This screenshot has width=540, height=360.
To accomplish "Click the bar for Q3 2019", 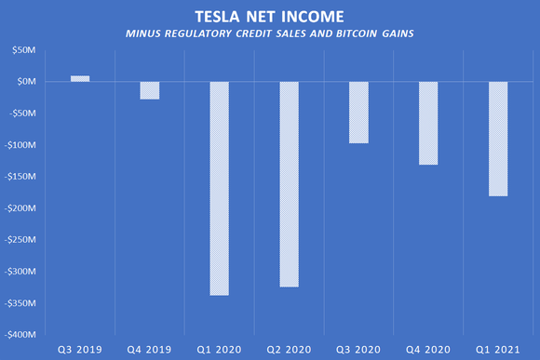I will pyautogui.click(x=80, y=79).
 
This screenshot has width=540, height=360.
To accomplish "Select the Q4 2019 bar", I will pyautogui.click(x=150, y=90).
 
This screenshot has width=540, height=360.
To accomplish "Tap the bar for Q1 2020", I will pyautogui.click(x=220, y=188).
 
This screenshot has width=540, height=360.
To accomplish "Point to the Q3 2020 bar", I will pyautogui.click(x=358, y=113).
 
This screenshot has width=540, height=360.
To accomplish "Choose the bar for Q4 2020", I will pyautogui.click(x=428, y=123).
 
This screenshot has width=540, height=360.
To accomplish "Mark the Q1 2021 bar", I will pyautogui.click(x=497, y=139).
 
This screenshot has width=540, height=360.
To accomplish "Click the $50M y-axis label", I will pyautogui.click(x=23, y=50).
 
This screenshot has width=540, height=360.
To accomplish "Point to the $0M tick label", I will pyautogui.click(x=26, y=82).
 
